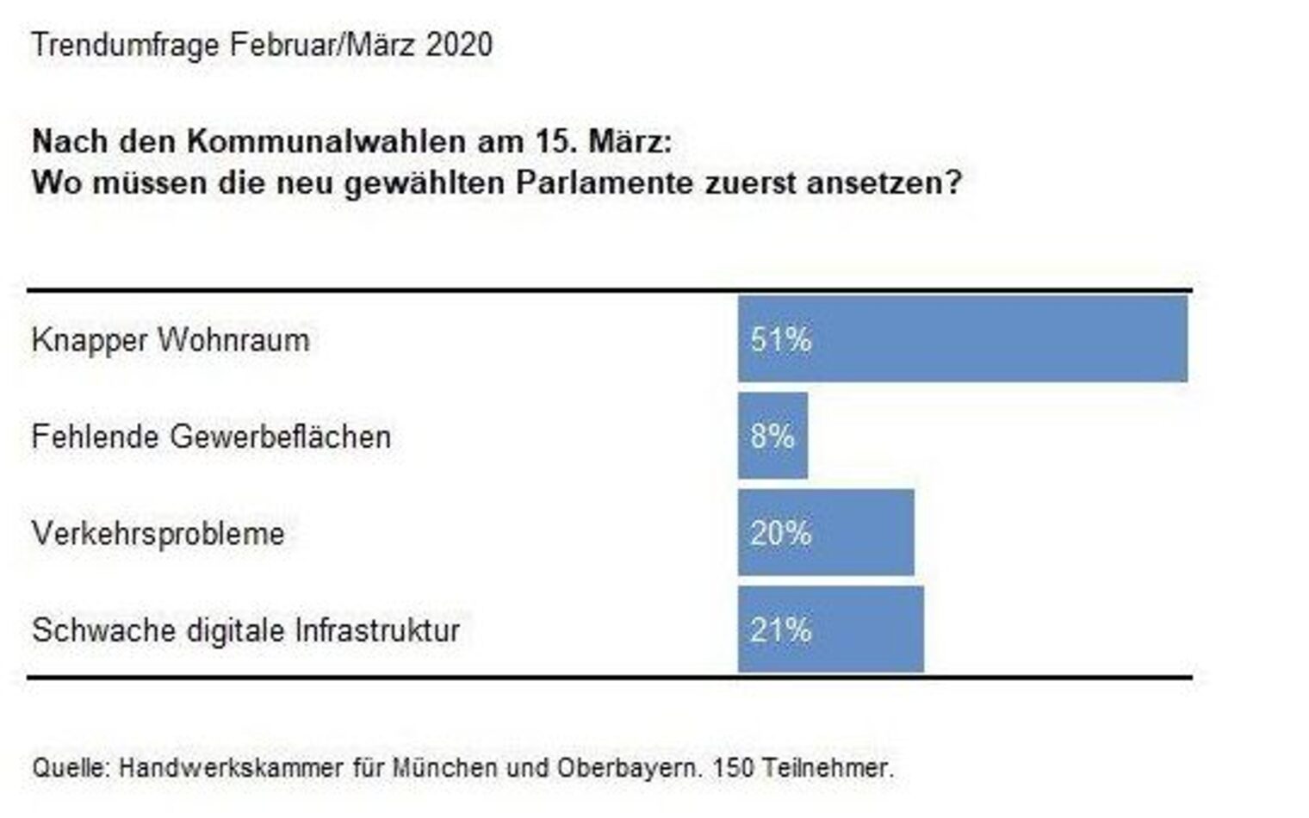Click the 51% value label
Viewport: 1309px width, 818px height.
tap(780, 340)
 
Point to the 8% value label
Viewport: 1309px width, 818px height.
tap(772, 437)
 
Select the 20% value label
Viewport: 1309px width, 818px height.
tap(780, 534)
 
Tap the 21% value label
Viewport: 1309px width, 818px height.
tap(780, 630)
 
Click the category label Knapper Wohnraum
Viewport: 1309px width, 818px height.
tap(171, 340)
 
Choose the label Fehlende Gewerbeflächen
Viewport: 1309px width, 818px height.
tap(211, 437)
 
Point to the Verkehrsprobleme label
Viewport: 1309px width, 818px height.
tap(158, 534)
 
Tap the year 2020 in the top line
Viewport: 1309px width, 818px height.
tap(459, 45)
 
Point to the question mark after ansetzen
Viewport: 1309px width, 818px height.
tap(952, 183)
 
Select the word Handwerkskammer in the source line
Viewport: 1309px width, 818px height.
tap(231, 767)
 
